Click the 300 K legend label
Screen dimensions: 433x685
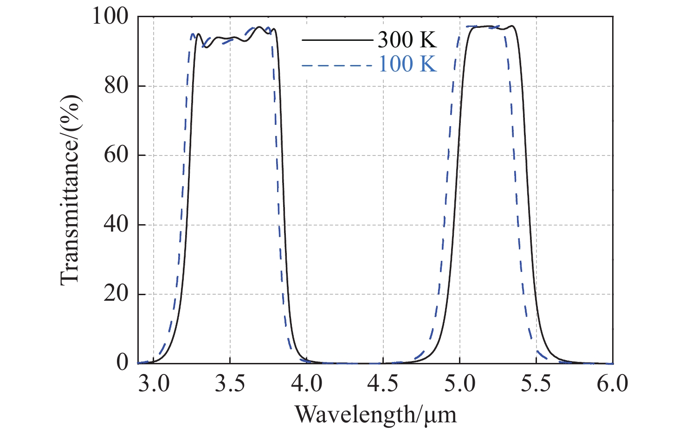tap(407, 40)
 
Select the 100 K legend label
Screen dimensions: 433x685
tap(407, 64)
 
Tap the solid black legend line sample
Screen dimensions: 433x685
tap(337, 40)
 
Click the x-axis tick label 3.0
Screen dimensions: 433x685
tap(154, 385)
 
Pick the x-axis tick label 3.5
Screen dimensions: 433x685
tap(230, 385)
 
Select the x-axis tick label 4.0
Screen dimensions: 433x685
tap(307, 385)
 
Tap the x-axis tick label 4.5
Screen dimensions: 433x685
tap(383, 385)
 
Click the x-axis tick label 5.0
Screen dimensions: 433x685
tap(459, 385)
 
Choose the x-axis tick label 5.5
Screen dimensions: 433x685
tap(536, 385)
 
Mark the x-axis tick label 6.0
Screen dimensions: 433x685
tap(612, 385)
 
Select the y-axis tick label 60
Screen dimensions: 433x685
tap(116, 155)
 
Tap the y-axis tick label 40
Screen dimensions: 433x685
tap(116, 225)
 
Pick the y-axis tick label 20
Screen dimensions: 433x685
tap(116, 294)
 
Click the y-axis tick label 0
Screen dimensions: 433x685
tap(123, 363)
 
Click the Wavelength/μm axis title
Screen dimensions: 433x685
tap(376, 414)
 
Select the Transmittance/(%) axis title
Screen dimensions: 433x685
tap(71, 189)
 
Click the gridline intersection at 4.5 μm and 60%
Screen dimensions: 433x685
tap(383, 155)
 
